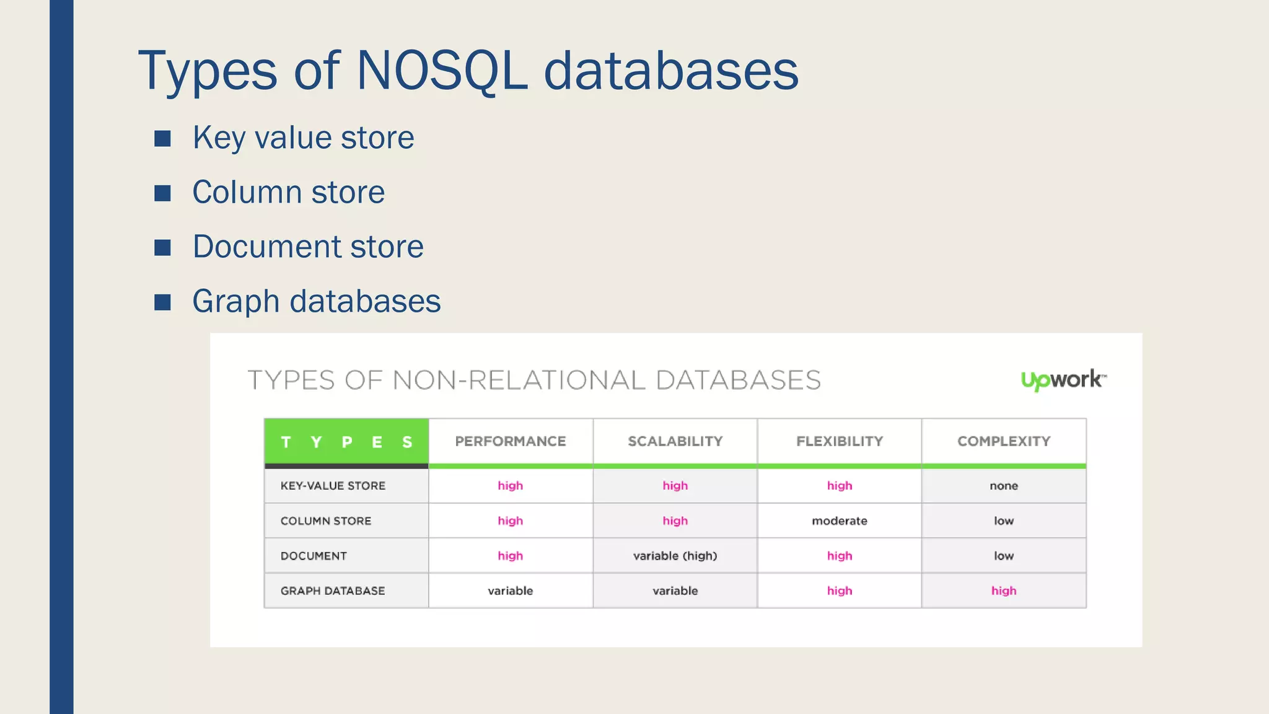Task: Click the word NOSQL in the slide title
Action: tap(442, 71)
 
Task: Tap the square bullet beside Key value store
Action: tap(162, 138)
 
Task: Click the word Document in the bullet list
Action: tap(266, 247)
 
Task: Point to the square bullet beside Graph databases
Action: tap(162, 302)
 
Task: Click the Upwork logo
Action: tap(1063, 379)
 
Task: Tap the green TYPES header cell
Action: tap(346, 442)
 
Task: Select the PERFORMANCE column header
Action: tap(511, 441)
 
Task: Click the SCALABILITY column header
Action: tap(675, 441)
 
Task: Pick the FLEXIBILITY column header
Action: tap(840, 441)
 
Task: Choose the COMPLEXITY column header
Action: tap(1004, 441)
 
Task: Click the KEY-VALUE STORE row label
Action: tap(333, 486)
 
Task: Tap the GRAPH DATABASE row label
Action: tap(333, 591)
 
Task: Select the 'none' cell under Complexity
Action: tap(1004, 486)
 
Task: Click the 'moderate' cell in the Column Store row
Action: tap(840, 521)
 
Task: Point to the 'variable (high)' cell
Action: tap(675, 556)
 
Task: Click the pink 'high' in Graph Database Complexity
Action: tap(1004, 591)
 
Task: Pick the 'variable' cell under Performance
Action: tap(511, 591)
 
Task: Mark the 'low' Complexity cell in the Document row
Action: tap(1004, 556)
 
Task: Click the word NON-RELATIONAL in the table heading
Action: tap(519, 380)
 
